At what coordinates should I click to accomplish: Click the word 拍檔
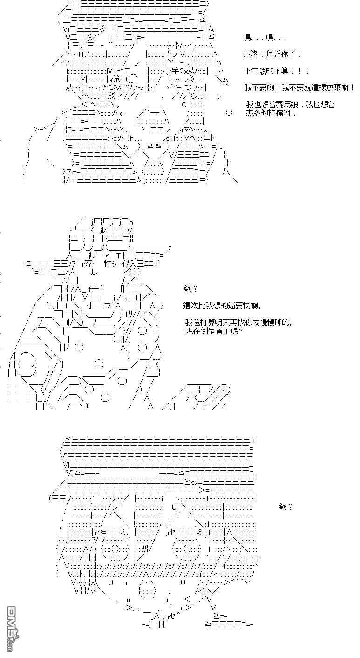coord(277,113)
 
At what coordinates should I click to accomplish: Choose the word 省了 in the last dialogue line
coord(223,330)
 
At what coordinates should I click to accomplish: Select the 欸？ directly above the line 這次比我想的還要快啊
coord(191,289)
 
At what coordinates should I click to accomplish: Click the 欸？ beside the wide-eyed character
coord(285,507)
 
